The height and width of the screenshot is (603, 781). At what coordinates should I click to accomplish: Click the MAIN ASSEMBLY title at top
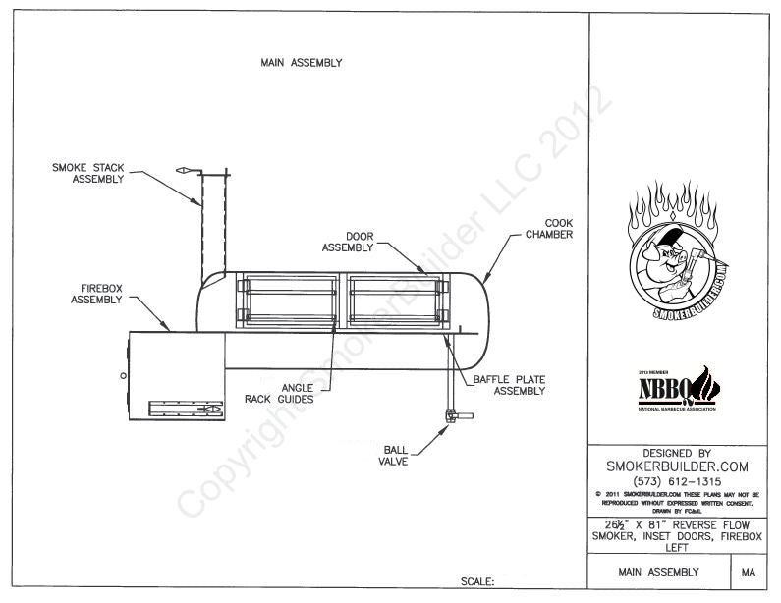point(301,62)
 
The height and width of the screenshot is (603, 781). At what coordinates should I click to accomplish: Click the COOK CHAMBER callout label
point(548,229)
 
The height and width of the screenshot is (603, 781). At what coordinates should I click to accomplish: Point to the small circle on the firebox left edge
point(124,376)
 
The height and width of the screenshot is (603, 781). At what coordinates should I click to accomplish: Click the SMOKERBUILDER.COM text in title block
point(679,466)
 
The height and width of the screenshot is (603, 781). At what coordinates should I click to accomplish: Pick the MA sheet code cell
point(749,571)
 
